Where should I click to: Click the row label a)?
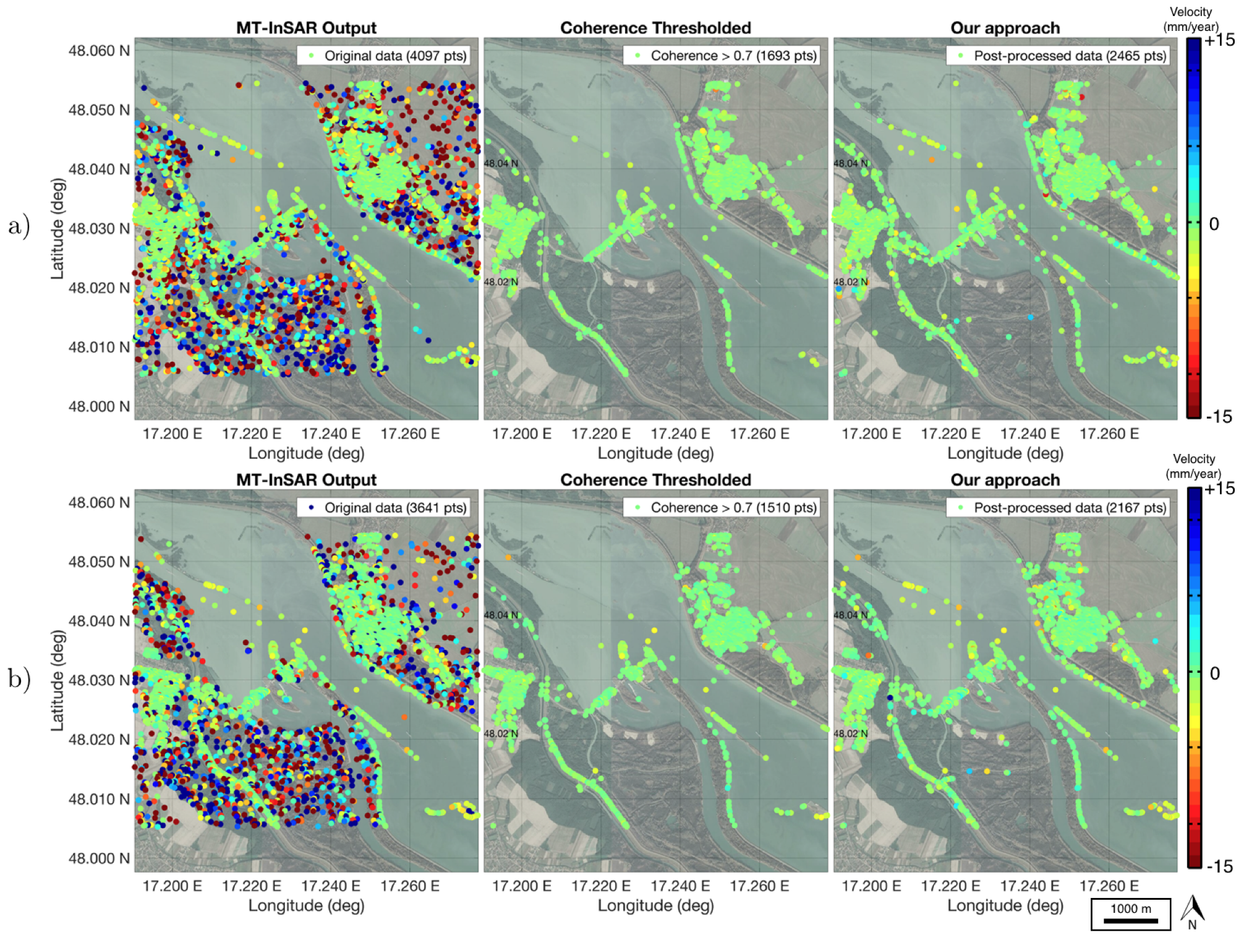(19, 226)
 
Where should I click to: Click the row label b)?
(19, 678)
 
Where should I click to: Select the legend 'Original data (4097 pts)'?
(383, 56)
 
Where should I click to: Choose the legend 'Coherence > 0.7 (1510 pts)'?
(721, 508)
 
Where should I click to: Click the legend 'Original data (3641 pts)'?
(383, 508)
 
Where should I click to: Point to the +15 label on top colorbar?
(1219, 41)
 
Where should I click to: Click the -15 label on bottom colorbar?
(1219, 866)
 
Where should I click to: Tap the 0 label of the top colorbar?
(1214, 224)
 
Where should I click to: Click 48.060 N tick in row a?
(99, 51)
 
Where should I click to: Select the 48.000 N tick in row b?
(99, 858)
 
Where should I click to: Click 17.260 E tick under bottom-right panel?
(1109, 886)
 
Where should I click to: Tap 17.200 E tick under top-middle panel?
(521, 434)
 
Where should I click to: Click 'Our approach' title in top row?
(1005, 28)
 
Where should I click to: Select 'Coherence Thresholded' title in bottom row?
(655, 480)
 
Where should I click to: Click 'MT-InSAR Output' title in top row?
(306, 28)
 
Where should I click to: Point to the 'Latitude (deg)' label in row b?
(57, 680)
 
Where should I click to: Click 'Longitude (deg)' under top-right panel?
(1005, 453)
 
